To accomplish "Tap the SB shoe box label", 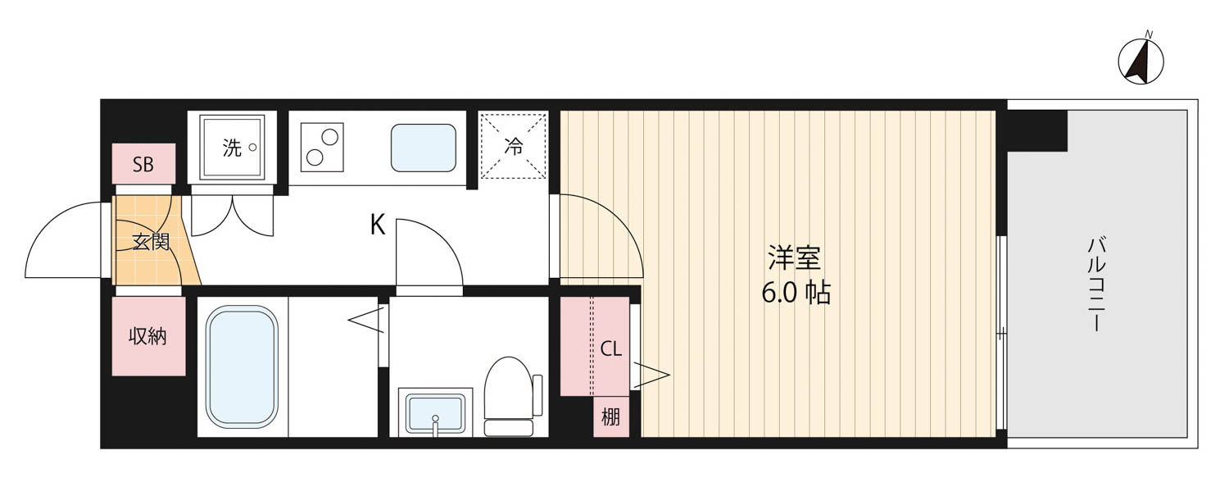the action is click(x=143, y=164).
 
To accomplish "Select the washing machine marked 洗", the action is click(x=232, y=148).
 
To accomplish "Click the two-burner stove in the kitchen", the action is click(x=322, y=148).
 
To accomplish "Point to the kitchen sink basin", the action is click(x=423, y=148).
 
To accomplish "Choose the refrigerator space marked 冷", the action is click(x=513, y=147).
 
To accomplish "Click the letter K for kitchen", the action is click(x=378, y=225).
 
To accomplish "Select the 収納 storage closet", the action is click(x=148, y=336).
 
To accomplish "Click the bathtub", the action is click(x=242, y=367).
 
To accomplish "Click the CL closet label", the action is click(x=610, y=349).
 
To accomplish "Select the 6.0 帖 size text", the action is click(x=796, y=293).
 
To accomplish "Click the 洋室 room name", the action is click(x=794, y=259).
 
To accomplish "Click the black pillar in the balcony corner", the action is click(x=1037, y=130).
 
